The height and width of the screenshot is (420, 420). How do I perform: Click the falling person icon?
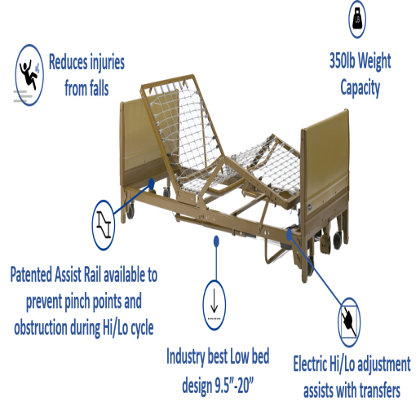pos(29,75)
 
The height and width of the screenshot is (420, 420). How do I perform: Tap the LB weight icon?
pos(357,19)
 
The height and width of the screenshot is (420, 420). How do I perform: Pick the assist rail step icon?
pos(104,225)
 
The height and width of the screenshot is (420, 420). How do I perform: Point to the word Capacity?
pos(360,88)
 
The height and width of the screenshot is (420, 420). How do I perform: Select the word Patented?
pos(31,275)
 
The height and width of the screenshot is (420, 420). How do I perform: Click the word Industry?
pos(186,356)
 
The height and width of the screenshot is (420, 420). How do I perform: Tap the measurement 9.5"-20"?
pos(234,385)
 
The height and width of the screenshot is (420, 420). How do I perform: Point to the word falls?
pos(97,89)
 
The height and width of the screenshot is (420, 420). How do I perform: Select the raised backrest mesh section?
pos(182,125)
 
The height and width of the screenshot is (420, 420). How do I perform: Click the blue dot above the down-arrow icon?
pos(216,241)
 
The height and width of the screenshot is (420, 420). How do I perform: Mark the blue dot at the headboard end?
pos(152,183)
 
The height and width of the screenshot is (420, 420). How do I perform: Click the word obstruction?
pos(40,328)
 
